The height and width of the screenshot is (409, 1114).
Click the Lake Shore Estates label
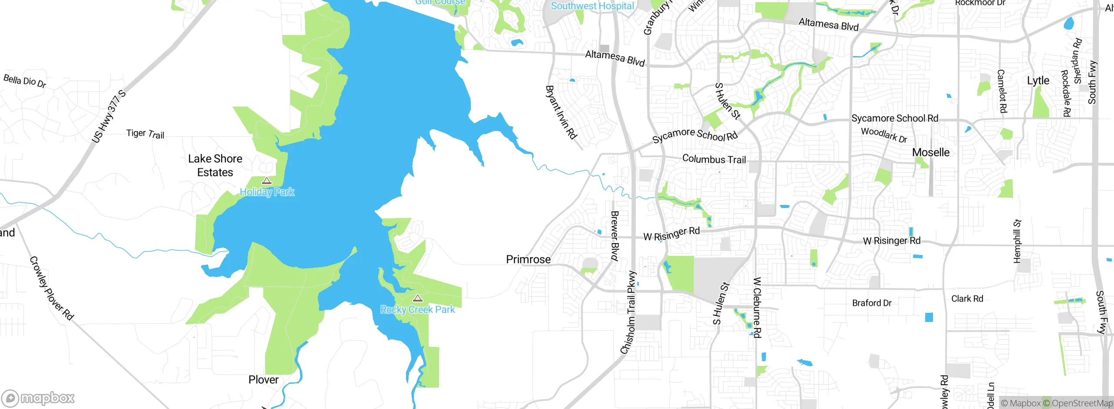pyautogui.click(x=215, y=165)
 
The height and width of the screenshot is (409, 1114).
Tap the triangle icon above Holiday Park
pyautogui.click(x=267, y=181)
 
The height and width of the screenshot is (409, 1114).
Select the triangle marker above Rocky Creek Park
pyautogui.click(x=418, y=298)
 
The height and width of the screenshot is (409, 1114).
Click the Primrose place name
pyautogui.click(x=528, y=259)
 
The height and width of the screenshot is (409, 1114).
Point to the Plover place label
pyautogui.click(x=263, y=379)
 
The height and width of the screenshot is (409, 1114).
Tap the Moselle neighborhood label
pyautogui.click(x=931, y=152)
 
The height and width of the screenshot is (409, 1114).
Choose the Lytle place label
pyautogui.click(x=1038, y=80)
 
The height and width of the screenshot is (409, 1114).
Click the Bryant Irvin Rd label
pyautogui.click(x=561, y=112)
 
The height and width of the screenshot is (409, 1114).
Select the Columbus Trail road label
pyautogui.click(x=714, y=159)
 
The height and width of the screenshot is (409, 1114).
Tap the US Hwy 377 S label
pyautogui.click(x=109, y=117)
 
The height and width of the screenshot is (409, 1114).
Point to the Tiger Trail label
pyautogui.click(x=145, y=134)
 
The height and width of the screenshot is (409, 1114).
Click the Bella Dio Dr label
pyautogui.click(x=25, y=81)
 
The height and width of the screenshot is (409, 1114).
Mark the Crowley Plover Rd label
pyautogui.click(x=51, y=288)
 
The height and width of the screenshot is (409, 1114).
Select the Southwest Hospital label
pyautogui.click(x=592, y=6)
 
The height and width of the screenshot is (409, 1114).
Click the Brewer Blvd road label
pyautogui.click(x=614, y=235)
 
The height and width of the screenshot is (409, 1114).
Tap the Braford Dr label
pyautogui.click(x=872, y=303)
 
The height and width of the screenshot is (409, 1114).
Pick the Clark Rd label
pyautogui.click(x=967, y=298)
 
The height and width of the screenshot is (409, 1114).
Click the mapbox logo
pyautogui.click(x=38, y=398)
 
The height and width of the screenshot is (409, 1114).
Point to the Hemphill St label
pyautogui.click(x=1017, y=241)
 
